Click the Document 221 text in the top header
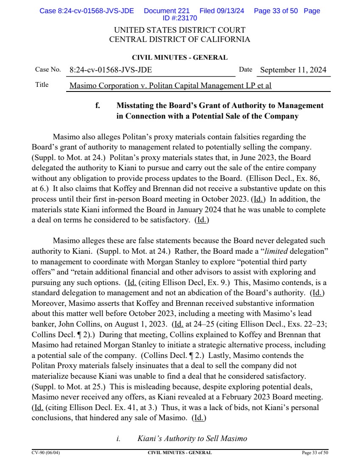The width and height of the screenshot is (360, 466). click(x=167, y=11)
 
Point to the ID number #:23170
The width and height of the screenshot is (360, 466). click(x=180, y=18)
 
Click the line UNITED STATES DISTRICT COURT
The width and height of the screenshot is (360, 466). click(x=180, y=31)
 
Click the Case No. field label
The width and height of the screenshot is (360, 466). click(x=48, y=69)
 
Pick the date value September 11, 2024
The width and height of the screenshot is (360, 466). click(x=293, y=70)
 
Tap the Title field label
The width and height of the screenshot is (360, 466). click(x=42, y=85)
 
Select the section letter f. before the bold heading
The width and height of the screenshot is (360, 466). click(x=98, y=105)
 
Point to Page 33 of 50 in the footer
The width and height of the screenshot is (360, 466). click(x=315, y=452)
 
